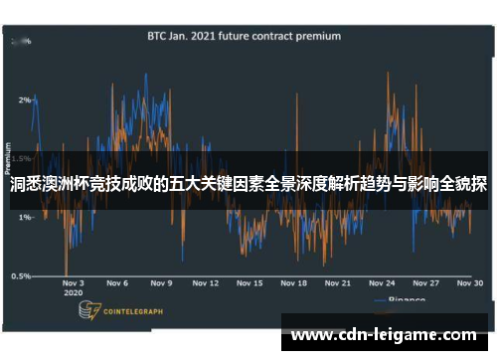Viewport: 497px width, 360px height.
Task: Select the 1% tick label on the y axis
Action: click(23, 218)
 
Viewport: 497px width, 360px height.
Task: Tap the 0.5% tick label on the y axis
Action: click(20, 275)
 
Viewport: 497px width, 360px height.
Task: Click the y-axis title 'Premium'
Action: click(10, 159)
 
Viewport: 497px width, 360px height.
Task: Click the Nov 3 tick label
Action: click(74, 283)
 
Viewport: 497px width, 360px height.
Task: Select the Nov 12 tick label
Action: click(205, 283)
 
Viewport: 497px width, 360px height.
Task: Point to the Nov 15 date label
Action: click(249, 283)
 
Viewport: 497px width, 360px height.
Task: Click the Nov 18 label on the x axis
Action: click(293, 283)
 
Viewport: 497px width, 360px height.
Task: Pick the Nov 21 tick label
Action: click(338, 283)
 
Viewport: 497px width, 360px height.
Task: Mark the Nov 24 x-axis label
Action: click(382, 283)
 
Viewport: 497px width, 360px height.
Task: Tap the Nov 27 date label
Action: click(425, 283)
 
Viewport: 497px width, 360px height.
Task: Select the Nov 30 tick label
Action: click(470, 283)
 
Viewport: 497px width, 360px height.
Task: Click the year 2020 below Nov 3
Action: click(73, 294)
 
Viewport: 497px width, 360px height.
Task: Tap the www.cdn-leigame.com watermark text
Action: click(384, 335)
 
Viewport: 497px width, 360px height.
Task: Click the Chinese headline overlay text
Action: click(248, 185)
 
